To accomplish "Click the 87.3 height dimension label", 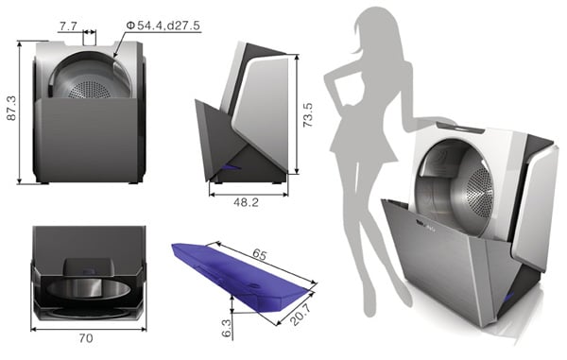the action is point(12,108).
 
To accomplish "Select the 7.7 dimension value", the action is point(68,26).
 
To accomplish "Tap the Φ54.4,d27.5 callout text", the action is point(163,26).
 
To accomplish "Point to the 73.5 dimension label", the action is point(308,115).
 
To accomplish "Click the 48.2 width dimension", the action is point(247,202).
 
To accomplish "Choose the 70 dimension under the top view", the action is point(86,338).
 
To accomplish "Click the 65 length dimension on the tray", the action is point(259,254).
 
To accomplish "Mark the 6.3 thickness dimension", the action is point(226,328).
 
